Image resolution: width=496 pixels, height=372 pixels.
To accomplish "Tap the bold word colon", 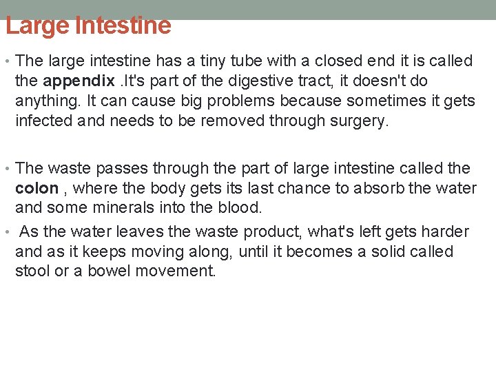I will tap(37, 188).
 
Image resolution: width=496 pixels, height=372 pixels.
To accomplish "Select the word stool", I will tap(32, 271).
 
